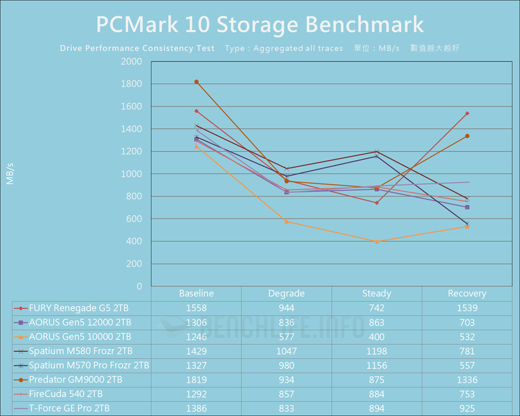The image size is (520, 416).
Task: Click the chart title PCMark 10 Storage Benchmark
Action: pyautogui.click(x=260, y=24)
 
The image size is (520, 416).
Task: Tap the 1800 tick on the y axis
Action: pyautogui.click(x=132, y=84)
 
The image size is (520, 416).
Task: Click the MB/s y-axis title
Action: pyautogui.click(x=10, y=174)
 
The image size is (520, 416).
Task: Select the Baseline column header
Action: pyautogui.click(x=196, y=294)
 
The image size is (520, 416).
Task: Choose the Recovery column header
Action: pyautogui.click(x=467, y=294)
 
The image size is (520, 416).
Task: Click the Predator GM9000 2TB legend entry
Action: pyautogui.click(x=76, y=380)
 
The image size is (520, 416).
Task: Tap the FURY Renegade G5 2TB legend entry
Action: pyautogui.click(x=79, y=308)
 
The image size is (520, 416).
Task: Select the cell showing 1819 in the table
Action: pyautogui.click(x=196, y=380)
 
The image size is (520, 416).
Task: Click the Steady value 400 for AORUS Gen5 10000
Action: pyautogui.click(x=377, y=336)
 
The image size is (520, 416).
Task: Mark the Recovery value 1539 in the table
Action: pyautogui.click(x=467, y=308)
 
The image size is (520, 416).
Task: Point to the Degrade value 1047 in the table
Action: pyautogui.click(x=287, y=351)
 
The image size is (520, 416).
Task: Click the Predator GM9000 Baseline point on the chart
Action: pyautogui.click(x=197, y=82)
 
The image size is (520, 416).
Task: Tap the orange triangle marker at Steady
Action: pyautogui.click(x=377, y=241)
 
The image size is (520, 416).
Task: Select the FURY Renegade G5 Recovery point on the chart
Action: pyautogui.click(x=467, y=113)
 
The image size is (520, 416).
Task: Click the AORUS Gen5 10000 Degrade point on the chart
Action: pyautogui.click(x=287, y=222)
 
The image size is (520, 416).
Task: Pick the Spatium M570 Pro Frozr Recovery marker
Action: pyautogui.click(x=467, y=224)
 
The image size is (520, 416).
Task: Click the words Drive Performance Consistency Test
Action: pyautogui.click(x=137, y=48)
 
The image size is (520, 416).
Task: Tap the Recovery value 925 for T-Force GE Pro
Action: pyautogui.click(x=467, y=408)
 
